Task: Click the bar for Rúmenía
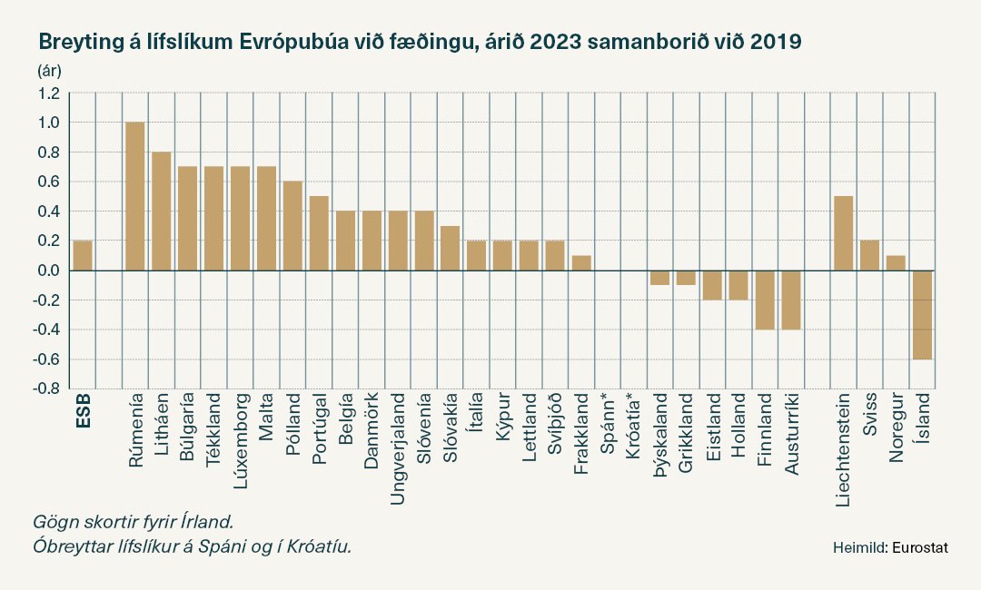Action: pyautogui.click(x=134, y=196)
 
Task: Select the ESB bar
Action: pyautogui.click(x=83, y=255)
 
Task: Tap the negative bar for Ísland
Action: pyautogui.click(x=923, y=314)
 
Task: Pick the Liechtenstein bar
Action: pyautogui.click(x=844, y=233)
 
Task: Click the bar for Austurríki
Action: pyautogui.click(x=791, y=300)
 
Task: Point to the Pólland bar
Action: pyautogui.click(x=292, y=226)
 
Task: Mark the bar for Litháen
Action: pyautogui.click(x=161, y=211)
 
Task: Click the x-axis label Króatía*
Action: pyautogui.click(x=634, y=434)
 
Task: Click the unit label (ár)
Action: pyautogui.click(x=48, y=70)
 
